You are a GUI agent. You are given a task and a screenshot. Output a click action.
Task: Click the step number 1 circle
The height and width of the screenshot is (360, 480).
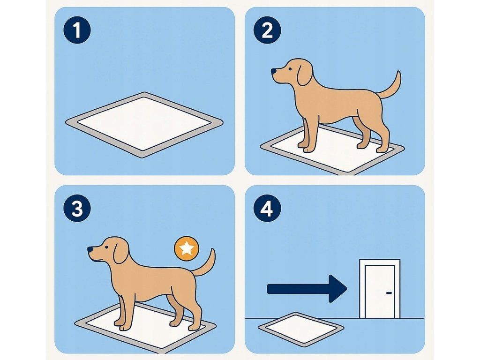[77, 30]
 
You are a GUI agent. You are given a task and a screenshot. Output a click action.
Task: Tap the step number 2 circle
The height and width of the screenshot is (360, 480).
[267, 30]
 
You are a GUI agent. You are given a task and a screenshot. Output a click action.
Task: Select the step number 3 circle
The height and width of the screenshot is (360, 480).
[77, 209]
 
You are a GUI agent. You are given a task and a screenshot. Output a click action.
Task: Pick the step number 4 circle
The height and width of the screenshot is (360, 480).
[267, 209]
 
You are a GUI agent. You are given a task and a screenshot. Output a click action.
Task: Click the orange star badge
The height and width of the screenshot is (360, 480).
[187, 248]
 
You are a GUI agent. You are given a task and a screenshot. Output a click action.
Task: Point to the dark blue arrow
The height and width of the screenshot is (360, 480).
[307, 289]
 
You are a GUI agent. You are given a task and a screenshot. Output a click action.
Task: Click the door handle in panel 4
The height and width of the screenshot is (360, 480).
[389, 293]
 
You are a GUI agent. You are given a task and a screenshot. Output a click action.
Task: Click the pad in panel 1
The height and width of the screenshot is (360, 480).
[144, 125]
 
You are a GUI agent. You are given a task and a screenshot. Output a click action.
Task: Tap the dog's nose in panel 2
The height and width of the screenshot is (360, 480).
[273, 71]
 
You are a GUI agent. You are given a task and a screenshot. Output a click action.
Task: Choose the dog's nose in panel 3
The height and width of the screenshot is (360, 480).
[90, 250]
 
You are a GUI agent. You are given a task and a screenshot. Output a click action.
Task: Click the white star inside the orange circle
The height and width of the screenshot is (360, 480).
[187, 248]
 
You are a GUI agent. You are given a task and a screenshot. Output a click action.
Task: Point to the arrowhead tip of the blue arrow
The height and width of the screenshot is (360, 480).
[347, 289]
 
